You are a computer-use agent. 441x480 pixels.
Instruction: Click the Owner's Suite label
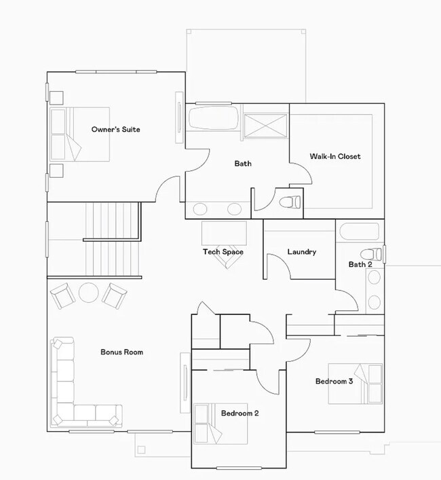tap(116, 129)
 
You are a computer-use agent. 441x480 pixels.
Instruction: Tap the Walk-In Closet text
tap(335, 156)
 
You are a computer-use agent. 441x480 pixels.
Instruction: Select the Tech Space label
tap(223, 252)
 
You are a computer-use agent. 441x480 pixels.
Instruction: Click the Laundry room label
tap(301, 252)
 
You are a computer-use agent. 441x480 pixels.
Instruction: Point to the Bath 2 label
tap(360, 264)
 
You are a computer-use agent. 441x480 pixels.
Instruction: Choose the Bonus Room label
tap(121, 352)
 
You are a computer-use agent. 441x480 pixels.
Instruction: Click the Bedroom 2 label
tap(239, 413)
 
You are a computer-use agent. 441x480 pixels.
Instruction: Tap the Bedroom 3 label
tap(334, 382)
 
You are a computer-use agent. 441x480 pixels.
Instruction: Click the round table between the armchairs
tap(89, 293)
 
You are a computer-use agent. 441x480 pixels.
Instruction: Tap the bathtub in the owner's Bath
tap(213, 117)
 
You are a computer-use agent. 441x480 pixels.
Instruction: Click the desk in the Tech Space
tap(225, 233)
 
